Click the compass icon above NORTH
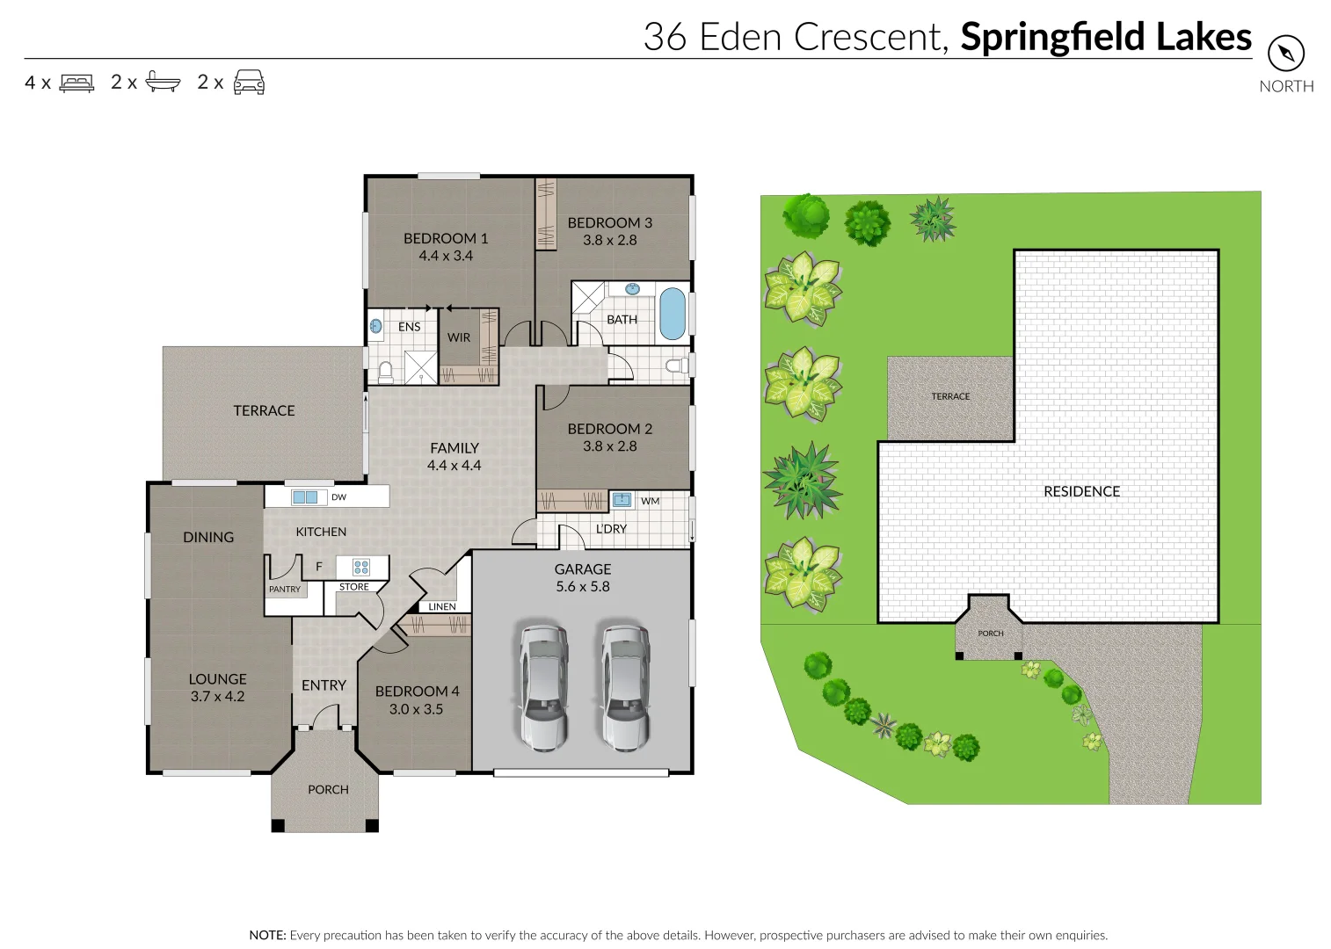coord(1285,54)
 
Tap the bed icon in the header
coord(76,83)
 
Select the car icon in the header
coord(249,82)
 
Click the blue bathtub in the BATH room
coord(672,313)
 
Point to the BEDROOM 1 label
coord(445,238)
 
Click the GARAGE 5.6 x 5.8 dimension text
coord(582,586)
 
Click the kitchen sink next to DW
coord(304,497)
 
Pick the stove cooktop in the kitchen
coord(360,567)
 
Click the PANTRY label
coord(284,590)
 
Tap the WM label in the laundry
coord(650,501)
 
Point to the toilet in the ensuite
coord(384,373)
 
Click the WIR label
coord(458,337)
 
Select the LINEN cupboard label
coord(442,606)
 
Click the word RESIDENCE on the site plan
coord(1081,491)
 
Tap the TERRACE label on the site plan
coord(950,396)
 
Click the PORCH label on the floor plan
coord(328,789)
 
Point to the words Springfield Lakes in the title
coord(1105,37)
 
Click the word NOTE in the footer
coord(267,935)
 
